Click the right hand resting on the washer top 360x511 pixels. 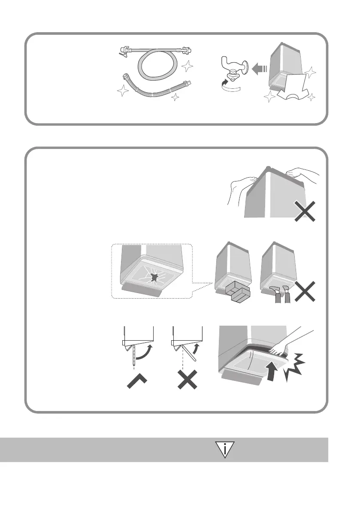pos(303,174)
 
